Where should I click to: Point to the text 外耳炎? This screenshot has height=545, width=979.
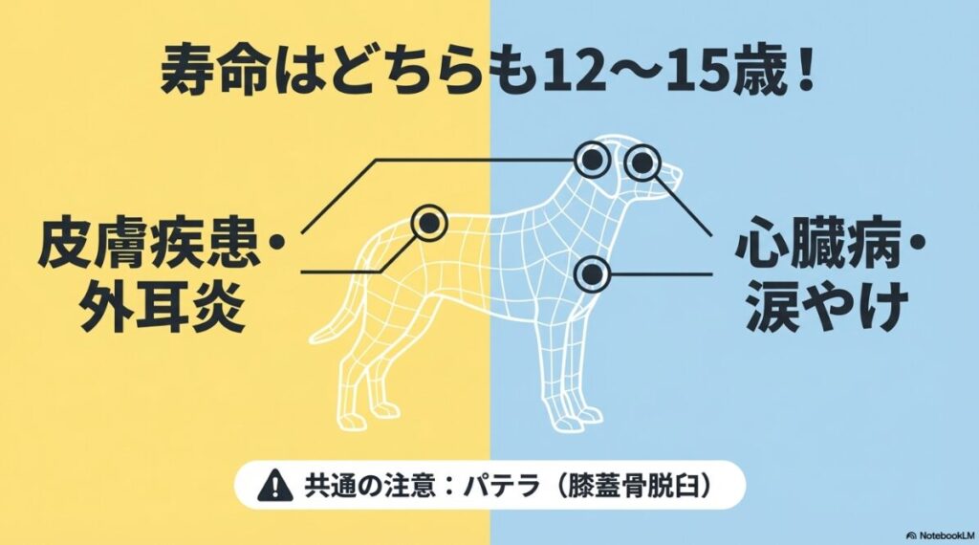[135, 306]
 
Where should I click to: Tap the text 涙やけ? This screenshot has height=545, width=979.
[817, 306]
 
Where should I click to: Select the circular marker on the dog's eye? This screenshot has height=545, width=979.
[642, 163]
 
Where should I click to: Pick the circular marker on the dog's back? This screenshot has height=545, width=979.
[429, 222]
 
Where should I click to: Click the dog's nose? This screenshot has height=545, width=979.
[680, 173]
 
